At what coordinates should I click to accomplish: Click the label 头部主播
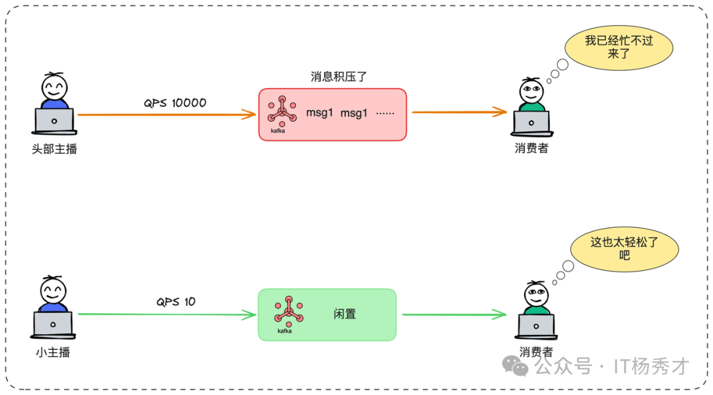click(54, 149)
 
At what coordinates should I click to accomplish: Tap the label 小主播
click(53, 352)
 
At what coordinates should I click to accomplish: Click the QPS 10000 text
click(175, 103)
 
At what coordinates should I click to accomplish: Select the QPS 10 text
click(176, 302)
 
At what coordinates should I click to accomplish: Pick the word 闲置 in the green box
click(345, 314)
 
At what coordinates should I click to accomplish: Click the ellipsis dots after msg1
click(385, 113)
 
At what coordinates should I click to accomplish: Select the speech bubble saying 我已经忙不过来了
click(619, 47)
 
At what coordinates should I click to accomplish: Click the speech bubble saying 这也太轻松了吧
click(625, 248)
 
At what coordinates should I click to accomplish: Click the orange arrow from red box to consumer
click(459, 112)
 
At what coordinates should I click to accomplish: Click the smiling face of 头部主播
click(54, 87)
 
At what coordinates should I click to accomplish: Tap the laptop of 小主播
click(53, 324)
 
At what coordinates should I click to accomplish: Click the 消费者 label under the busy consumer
click(531, 149)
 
